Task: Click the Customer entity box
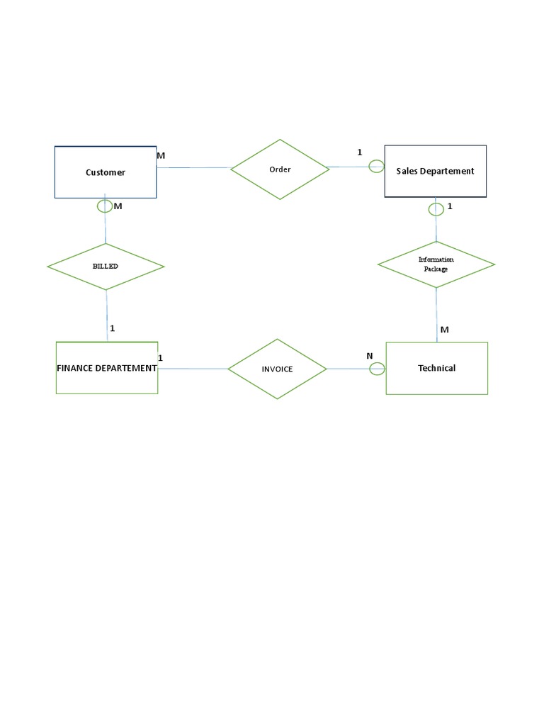click(106, 172)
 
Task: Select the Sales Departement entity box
click(435, 171)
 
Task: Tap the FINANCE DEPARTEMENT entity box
click(107, 368)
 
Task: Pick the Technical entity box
click(436, 368)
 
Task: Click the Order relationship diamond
click(280, 169)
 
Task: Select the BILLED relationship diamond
click(106, 267)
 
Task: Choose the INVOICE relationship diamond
click(277, 369)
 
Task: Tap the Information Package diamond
click(436, 264)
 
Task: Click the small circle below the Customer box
click(105, 206)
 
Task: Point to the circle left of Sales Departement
click(377, 167)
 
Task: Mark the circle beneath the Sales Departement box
click(436, 208)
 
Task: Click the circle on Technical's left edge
click(378, 368)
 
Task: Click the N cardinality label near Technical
click(370, 356)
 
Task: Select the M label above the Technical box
click(444, 330)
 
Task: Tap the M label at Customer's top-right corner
click(161, 155)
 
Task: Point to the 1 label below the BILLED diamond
click(113, 328)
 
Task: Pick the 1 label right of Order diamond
click(359, 152)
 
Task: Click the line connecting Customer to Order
click(193, 168)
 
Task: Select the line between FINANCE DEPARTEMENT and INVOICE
click(193, 368)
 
